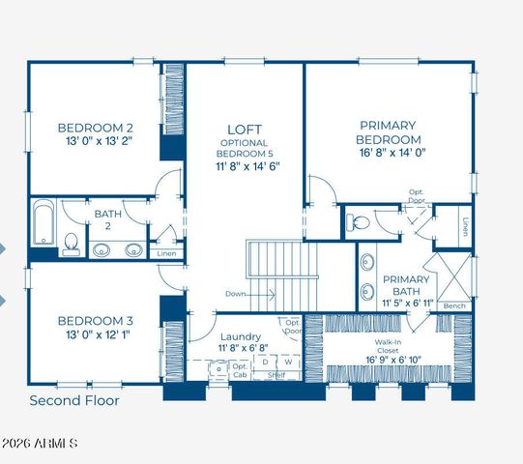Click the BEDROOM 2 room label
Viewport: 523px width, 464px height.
click(x=95, y=128)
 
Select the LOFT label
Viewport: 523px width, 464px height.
click(x=245, y=129)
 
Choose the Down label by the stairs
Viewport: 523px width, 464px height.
click(x=235, y=293)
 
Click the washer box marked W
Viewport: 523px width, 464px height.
click(x=287, y=362)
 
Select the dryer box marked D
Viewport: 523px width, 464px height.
click(x=266, y=362)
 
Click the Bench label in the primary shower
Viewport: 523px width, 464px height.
click(x=453, y=306)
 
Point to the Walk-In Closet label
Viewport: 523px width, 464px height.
click(x=394, y=347)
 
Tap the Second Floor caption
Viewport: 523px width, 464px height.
click(x=74, y=400)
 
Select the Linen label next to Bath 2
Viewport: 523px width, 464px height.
click(x=166, y=253)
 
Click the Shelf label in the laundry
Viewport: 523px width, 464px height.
click(x=276, y=375)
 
